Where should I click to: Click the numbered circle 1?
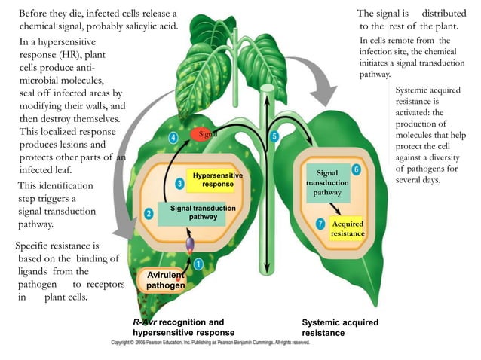[198, 264]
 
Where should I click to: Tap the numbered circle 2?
[149, 213]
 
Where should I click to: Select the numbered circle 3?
[179, 183]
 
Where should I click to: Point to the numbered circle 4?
[173, 138]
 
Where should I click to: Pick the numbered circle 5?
[274, 136]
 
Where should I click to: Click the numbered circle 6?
[355, 169]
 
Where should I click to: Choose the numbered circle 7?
[320, 224]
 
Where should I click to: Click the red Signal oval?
[203, 133]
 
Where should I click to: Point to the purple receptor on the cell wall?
[189, 245]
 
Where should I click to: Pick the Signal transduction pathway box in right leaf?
[327, 183]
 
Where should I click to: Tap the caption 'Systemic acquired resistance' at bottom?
[339, 328]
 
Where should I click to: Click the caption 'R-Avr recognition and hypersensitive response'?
[183, 327]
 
